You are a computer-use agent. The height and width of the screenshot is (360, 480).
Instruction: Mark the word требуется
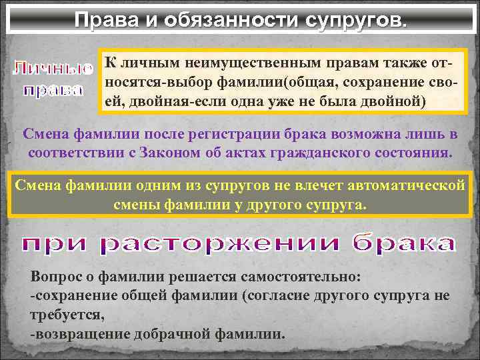click(x=66, y=314)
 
